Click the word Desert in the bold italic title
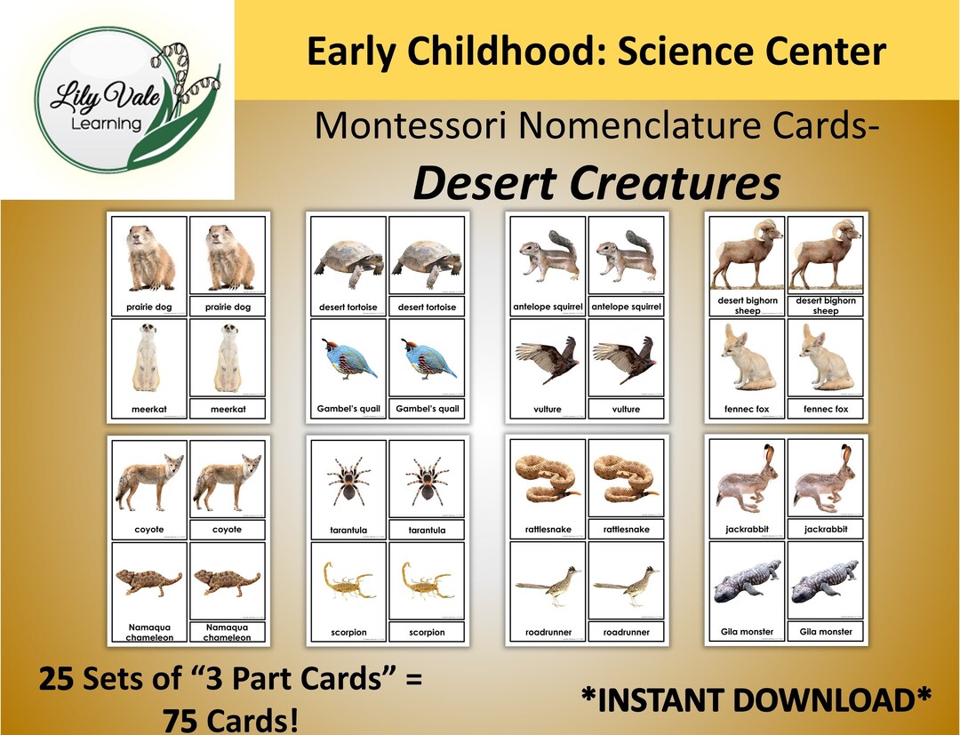[x=485, y=183]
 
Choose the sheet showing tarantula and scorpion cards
[x=388, y=540]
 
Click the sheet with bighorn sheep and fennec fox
[x=787, y=316]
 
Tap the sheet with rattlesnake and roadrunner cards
[x=588, y=540]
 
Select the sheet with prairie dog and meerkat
[x=189, y=316]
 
